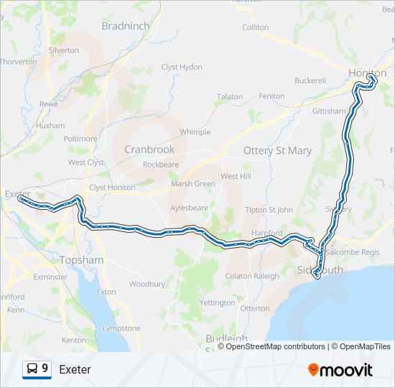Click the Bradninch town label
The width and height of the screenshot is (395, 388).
point(126,26)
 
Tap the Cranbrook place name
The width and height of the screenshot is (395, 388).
point(149,149)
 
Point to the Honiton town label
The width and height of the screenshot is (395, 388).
point(367,73)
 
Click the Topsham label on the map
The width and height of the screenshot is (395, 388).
point(83,259)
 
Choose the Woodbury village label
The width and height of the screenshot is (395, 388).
point(147,285)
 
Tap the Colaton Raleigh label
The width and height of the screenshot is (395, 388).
point(252,276)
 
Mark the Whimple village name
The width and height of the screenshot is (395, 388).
point(195,132)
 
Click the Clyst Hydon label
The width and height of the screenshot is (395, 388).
point(182,67)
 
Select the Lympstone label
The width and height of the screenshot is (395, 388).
point(121,328)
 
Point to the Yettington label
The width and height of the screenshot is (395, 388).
point(217,302)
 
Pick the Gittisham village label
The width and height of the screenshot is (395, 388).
point(329,111)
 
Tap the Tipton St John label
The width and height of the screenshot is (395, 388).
point(269,210)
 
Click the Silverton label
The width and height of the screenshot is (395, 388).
point(63,50)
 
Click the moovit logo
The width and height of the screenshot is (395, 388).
point(340,370)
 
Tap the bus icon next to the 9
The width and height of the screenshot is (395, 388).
point(32,369)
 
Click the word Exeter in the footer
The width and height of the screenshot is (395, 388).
point(75,370)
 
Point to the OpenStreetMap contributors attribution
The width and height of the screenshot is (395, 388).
point(274,346)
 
